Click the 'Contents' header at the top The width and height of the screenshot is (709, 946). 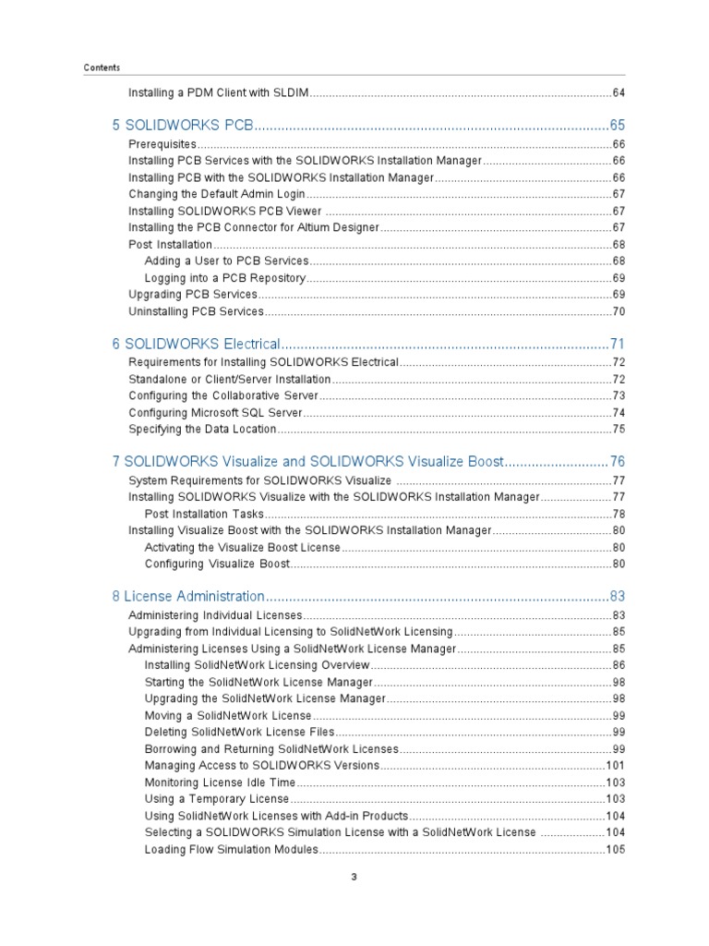[x=102, y=67]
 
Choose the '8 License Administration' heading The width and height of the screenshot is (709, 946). [x=188, y=596]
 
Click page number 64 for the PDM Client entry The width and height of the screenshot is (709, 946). [x=619, y=93]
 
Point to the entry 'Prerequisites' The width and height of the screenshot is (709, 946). [x=162, y=145]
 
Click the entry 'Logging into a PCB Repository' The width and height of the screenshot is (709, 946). [x=225, y=278]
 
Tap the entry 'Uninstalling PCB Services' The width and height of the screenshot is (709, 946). [x=196, y=311]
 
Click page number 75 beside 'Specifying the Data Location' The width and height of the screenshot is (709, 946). [x=619, y=430]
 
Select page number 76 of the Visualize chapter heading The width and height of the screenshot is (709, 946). [x=618, y=461]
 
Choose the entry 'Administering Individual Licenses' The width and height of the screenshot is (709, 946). [x=215, y=615]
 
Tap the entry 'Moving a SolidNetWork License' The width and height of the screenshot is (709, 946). [x=228, y=716]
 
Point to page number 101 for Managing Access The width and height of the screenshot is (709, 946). [x=616, y=766]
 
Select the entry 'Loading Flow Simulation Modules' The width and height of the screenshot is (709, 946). [x=232, y=850]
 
